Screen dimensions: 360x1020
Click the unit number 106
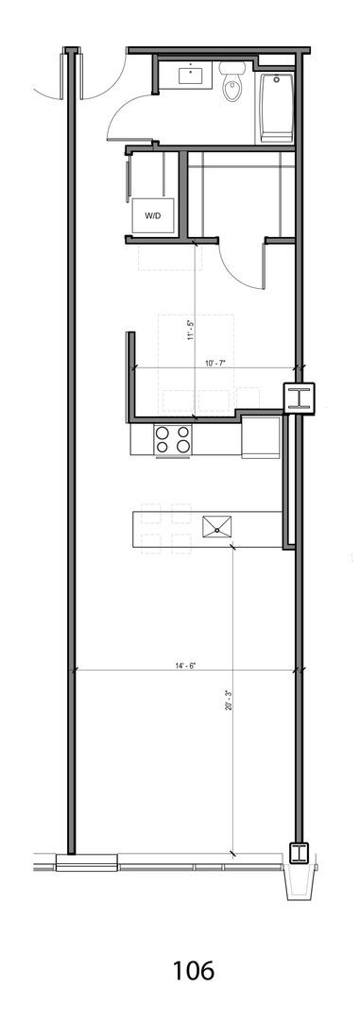pyautogui.click(x=194, y=971)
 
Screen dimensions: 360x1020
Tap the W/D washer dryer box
pyautogui.click(x=153, y=215)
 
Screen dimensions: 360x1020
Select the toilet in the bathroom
pyautogui.click(x=231, y=81)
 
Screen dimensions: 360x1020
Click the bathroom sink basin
pyautogui.click(x=192, y=75)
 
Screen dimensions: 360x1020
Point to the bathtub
pyautogui.click(x=278, y=108)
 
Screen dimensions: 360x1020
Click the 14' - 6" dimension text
pyautogui.click(x=185, y=666)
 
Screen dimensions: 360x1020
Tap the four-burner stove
pyautogui.click(x=173, y=439)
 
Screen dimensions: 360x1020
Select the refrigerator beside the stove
pyautogui.click(x=261, y=437)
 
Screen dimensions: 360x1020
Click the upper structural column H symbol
pyautogui.click(x=300, y=398)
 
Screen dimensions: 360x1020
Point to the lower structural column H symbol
pyautogui.click(x=300, y=852)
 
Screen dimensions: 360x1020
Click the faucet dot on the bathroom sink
pyautogui.click(x=192, y=67)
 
